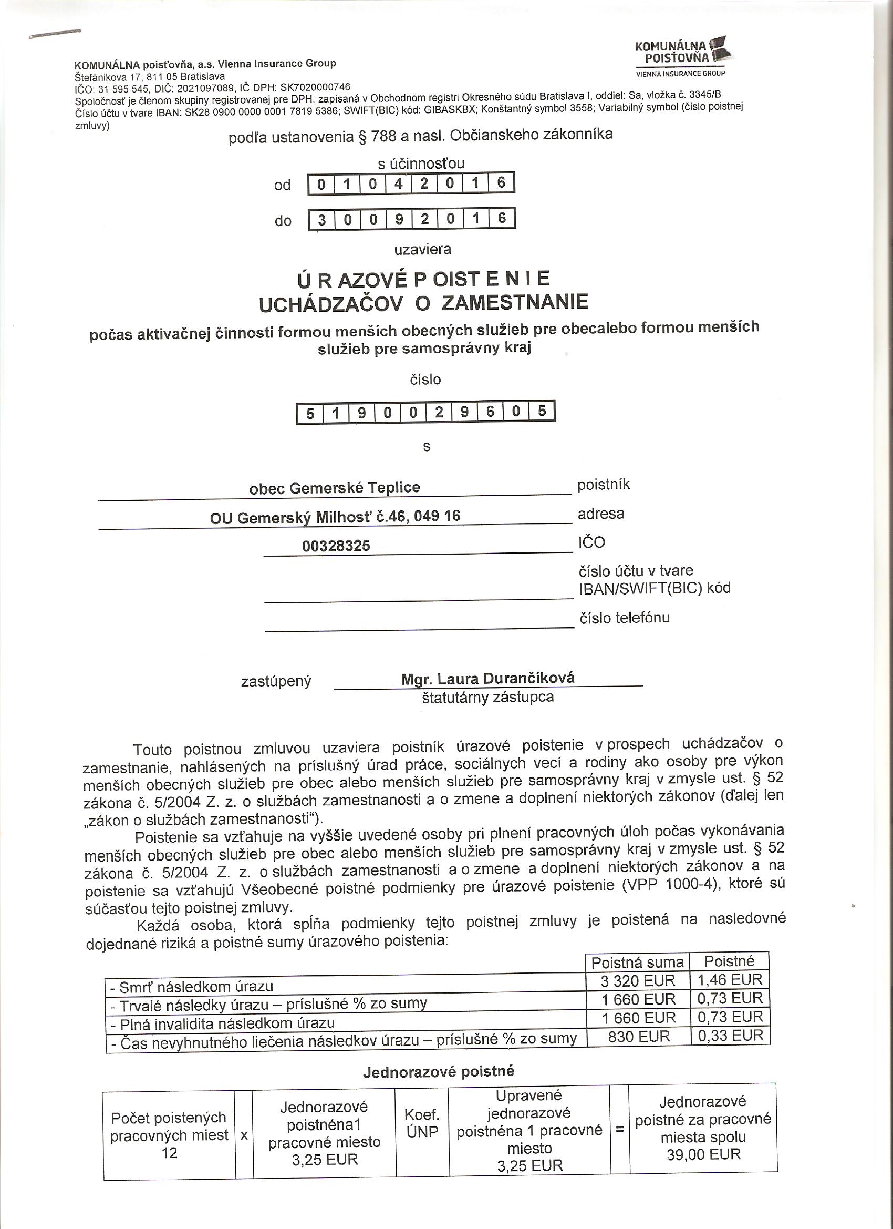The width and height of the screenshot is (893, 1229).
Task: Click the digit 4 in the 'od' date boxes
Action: tap(399, 183)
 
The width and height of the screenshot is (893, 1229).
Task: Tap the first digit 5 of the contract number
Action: tap(310, 414)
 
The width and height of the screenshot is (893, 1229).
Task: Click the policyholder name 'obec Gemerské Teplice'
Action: tap(334, 488)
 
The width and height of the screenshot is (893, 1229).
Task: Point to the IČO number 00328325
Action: tap(336, 546)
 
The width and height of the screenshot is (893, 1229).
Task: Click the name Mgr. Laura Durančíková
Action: tap(487, 679)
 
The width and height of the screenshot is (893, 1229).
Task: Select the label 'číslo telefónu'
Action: tap(624, 618)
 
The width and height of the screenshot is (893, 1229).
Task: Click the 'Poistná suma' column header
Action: tap(637, 962)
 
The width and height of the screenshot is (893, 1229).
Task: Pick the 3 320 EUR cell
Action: tap(638, 981)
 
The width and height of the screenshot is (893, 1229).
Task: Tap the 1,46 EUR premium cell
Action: tap(730, 980)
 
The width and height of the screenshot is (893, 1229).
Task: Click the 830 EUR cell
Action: tap(638, 1037)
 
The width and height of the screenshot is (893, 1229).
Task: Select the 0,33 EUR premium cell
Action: tap(730, 1036)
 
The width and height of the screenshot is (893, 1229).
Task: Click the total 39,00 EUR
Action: tap(703, 1154)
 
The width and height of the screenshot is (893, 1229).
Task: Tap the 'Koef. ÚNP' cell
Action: tap(422, 1123)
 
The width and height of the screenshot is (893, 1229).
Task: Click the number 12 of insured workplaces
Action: tap(169, 1153)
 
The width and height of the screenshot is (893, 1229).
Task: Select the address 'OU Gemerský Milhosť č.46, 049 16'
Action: tap(335, 516)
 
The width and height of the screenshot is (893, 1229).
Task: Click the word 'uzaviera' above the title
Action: tap(422, 249)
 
